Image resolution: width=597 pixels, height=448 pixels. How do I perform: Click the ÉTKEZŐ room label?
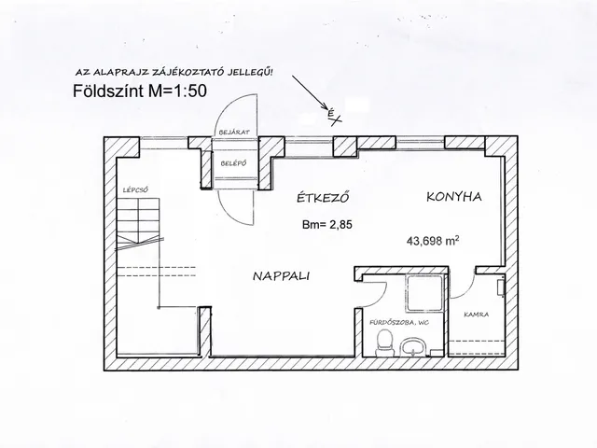point(323,198)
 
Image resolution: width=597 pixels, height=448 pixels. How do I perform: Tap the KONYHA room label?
point(454,197)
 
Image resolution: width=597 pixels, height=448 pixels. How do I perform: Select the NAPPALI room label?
point(281,276)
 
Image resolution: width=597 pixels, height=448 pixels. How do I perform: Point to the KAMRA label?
point(477,315)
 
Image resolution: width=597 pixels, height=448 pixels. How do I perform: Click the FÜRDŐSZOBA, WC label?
point(399,322)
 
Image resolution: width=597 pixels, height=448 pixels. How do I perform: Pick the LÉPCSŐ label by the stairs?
point(135,189)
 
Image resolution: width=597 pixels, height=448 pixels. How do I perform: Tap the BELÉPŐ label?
point(234,163)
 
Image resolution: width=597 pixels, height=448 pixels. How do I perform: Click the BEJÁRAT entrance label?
point(234,133)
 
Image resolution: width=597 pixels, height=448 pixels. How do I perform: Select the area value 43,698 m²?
point(433,241)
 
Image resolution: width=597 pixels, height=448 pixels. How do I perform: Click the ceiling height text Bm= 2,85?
point(327,224)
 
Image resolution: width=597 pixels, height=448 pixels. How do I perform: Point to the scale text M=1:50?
point(177,91)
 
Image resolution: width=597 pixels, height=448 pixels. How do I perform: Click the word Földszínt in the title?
point(108,91)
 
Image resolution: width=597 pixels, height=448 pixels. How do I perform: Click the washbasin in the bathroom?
point(412,346)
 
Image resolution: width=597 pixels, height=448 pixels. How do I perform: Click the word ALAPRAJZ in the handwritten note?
point(112,73)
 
